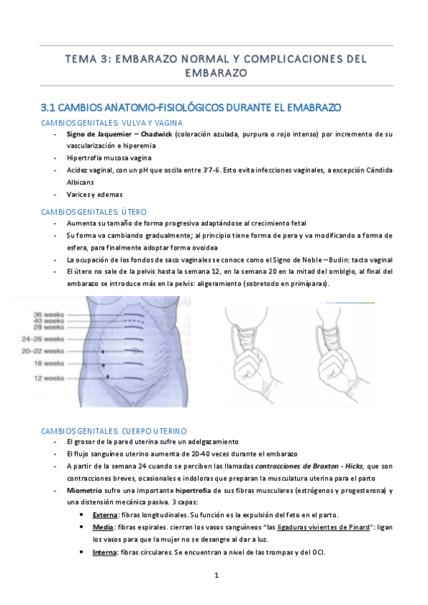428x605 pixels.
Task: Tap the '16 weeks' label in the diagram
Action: [x=48, y=364]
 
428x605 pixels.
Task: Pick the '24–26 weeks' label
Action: [x=43, y=340]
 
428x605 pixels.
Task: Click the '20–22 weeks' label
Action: [x=43, y=352]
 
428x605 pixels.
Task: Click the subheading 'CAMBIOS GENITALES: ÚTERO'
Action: [x=94, y=212]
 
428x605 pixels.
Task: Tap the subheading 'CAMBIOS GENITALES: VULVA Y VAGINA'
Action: [x=111, y=123]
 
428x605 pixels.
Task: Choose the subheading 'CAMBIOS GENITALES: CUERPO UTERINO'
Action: [x=114, y=431]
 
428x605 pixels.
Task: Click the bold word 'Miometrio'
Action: [x=84, y=491]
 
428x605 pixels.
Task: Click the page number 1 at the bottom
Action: [x=215, y=574]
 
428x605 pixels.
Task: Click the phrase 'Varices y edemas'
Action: [x=94, y=194]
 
